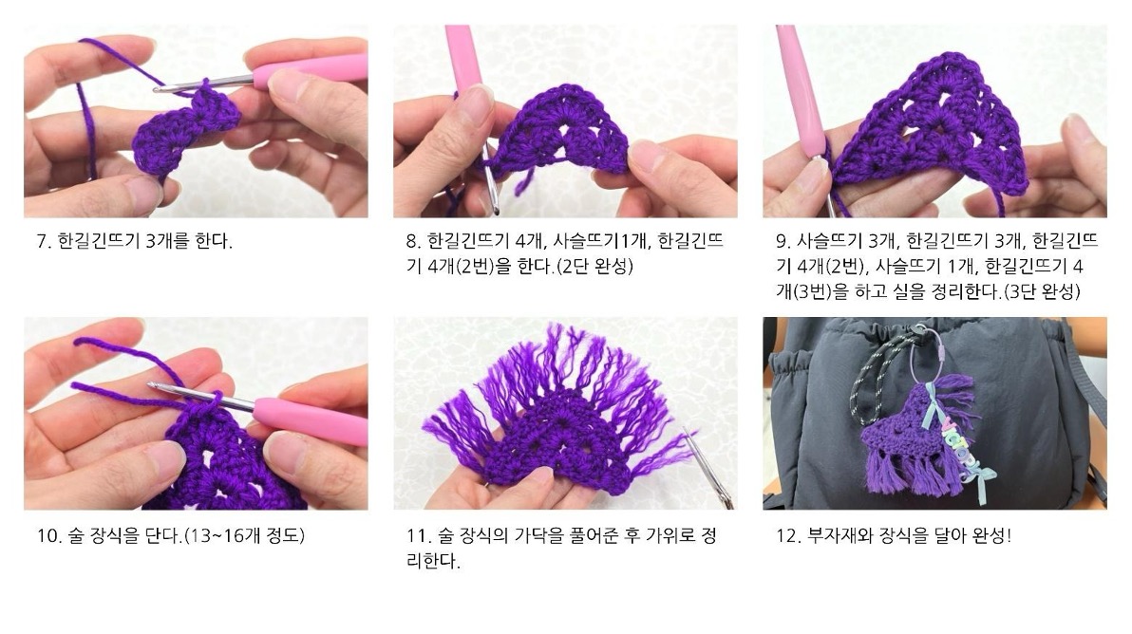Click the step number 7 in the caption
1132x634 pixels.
click(x=43, y=242)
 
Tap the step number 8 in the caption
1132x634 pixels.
click(x=412, y=242)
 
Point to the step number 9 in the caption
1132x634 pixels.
click(x=782, y=242)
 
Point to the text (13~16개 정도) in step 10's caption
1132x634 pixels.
click(x=245, y=536)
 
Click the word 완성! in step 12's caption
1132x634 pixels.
click(x=992, y=536)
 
